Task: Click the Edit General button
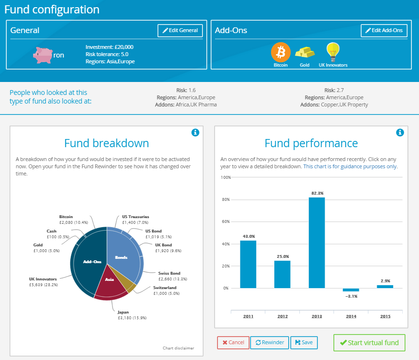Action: [x=180, y=31]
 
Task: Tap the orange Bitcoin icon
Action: [x=281, y=52]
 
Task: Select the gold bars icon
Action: [x=305, y=52]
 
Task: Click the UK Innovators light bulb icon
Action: [x=333, y=51]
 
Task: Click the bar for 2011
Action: [x=248, y=264]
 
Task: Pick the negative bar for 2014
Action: [x=351, y=290]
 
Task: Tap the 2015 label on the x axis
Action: [x=385, y=316]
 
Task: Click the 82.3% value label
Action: [x=317, y=193]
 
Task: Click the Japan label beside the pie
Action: [x=123, y=312]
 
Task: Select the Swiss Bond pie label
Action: [x=169, y=273]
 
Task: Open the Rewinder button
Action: [x=269, y=342]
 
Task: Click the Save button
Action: [x=304, y=342]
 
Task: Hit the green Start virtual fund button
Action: [x=369, y=343]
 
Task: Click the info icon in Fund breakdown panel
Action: [x=195, y=133]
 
